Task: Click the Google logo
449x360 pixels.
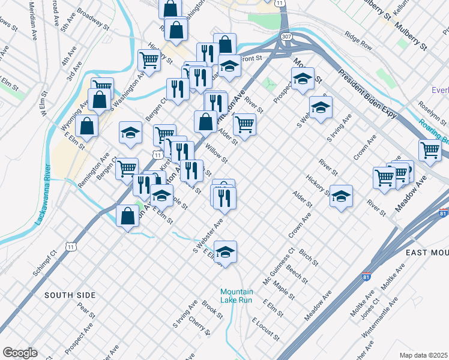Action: pyautogui.click(x=20, y=353)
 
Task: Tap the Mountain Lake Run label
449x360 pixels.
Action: pyautogui.click(x=237, y=296)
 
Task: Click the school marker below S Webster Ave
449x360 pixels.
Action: pyautogui.click(x=226, y=252)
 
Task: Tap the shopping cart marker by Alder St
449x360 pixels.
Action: pyautogui.click(x=244, y=124)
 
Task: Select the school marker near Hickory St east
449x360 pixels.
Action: pyautogui.click(x=341, y=196)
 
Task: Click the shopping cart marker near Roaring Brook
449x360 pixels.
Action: pyautogui.click(x=430, y=150)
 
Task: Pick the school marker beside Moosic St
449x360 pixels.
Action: pyautogui.click(x=303, y=79)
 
